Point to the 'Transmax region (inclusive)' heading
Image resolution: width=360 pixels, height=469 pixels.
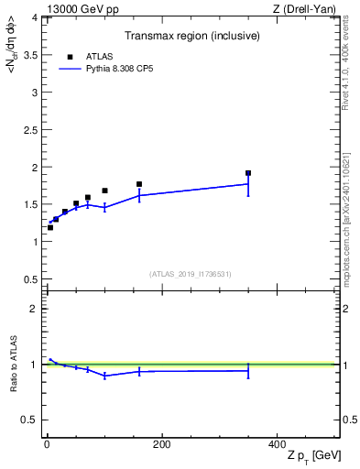tap(192, 36)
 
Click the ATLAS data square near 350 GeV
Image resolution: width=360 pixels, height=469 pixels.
tap(248, 173)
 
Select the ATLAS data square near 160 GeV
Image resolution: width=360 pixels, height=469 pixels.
tap(139, 184)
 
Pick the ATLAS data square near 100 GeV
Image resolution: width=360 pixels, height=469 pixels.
tap(104, 191)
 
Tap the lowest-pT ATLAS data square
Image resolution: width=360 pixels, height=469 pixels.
tap(50, 227)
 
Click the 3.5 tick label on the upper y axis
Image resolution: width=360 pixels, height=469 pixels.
tap(31, 55)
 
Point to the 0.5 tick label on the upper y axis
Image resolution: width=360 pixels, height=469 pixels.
tap(31, 279)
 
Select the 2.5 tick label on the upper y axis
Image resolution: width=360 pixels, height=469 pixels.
tap(31, 130)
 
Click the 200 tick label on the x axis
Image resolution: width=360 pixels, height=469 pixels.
tap(161, 444)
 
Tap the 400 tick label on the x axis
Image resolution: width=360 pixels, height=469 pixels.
tap(277, 444)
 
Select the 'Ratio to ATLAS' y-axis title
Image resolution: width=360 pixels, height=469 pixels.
tap(12, 365)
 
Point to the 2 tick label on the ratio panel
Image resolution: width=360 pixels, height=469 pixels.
tap(35, 309)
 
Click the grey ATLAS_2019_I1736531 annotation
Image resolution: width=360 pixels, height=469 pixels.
tap(191, 274)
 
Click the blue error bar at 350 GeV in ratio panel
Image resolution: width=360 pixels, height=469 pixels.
tap(248, 370)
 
